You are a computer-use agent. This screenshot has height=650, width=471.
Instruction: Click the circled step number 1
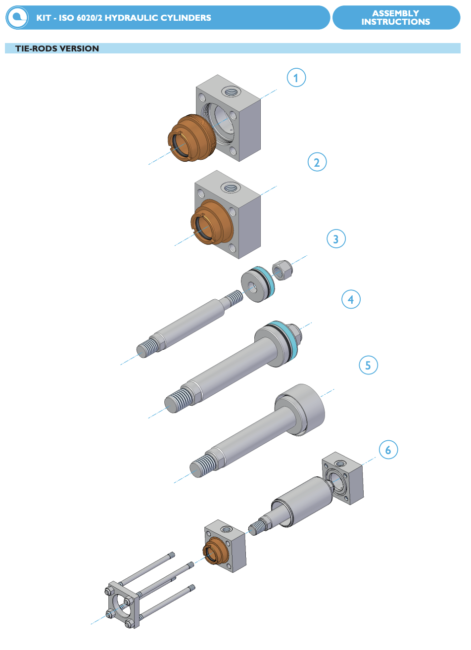tap(296, 78)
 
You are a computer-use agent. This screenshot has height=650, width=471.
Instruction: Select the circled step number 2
tap(317, 162)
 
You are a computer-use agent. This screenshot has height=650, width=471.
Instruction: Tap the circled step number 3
tap(336, 239)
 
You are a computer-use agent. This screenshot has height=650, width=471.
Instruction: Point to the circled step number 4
tap(351, 299)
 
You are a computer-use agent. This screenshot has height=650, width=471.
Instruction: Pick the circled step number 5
tap(368, 365)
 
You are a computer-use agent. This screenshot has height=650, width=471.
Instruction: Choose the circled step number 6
tap(388, 450)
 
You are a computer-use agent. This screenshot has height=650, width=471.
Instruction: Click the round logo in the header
tap(17, 18)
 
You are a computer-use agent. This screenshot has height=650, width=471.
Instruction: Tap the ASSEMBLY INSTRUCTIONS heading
tap(395, 17)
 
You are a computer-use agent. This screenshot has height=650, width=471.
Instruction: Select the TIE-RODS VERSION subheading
tap(57, 48)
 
